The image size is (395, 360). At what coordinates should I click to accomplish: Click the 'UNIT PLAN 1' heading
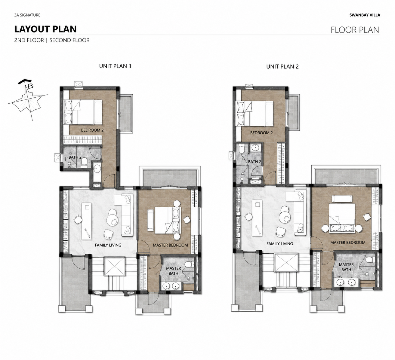click(x=115, y=66)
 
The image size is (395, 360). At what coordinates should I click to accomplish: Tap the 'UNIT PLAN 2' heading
click(x=282, y=67)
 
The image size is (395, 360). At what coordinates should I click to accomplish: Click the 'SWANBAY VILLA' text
click(x=365, y=15)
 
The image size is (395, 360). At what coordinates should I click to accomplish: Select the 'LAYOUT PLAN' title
click(x=45, y=29)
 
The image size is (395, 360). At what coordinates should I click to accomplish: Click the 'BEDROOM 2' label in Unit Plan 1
click(x=92, y=130)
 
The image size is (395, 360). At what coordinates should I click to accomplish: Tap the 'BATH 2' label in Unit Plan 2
click(x=255, y=162)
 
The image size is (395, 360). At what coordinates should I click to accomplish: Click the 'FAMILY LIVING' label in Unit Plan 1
click(x=108, y=245)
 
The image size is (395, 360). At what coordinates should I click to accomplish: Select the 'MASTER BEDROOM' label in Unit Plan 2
click(x=348, y=243)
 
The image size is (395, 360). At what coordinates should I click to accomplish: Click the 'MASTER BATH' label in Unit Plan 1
click(x=173, y=271)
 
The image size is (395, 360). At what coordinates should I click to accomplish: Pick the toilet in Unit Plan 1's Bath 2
click(x=84, y=163)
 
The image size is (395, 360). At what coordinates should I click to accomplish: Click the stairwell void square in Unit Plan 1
click(x=114, y=266)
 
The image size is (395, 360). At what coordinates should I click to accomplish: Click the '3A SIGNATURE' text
click(x=27, y=15)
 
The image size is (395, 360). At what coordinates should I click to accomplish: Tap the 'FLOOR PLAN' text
click(x=355, y=30)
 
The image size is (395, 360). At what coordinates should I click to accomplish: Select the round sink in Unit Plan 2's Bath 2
click(x=255, y=147)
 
